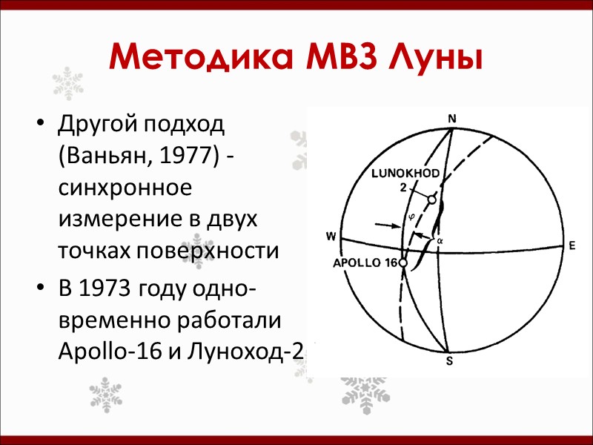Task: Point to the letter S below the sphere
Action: pos(449,361)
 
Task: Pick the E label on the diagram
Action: pos(572,245)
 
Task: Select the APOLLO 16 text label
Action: pos(364,263)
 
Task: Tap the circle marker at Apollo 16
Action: pos(402,263)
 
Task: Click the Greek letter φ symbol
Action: pos(412,218)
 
